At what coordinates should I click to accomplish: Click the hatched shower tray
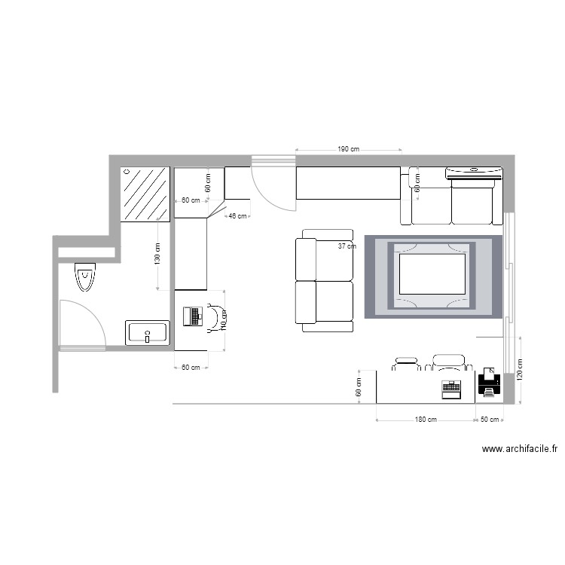click(145, 194)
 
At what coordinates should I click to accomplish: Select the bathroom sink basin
click(148, 332)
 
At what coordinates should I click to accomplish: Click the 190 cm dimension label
click(347, 150)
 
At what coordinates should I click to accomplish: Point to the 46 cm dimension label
click(237, 216)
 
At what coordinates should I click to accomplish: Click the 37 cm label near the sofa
click(347, 246)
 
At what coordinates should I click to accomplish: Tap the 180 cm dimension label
click(425, 420)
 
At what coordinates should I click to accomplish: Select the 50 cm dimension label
click(490, 420)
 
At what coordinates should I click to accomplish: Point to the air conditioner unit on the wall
click(474, 173)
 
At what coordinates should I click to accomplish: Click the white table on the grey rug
click(432, 274)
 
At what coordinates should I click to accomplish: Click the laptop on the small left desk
click(194, 316)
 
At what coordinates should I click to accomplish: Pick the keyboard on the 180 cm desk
click(450, 388)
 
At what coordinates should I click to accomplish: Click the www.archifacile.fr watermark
click(519, 449)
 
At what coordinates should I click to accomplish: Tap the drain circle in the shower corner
click(126, 172)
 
